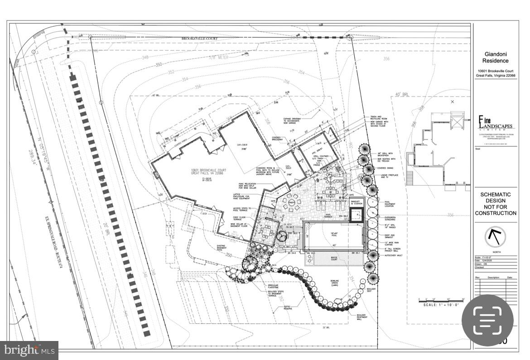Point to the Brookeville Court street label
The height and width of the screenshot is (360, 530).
(x=200, y=39)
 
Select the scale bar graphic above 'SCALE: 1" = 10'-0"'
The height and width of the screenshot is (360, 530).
(x=442, y=299)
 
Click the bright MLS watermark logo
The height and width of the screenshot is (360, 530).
(x=29, y=350)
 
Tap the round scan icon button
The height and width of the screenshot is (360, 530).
(x=487, y=320)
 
